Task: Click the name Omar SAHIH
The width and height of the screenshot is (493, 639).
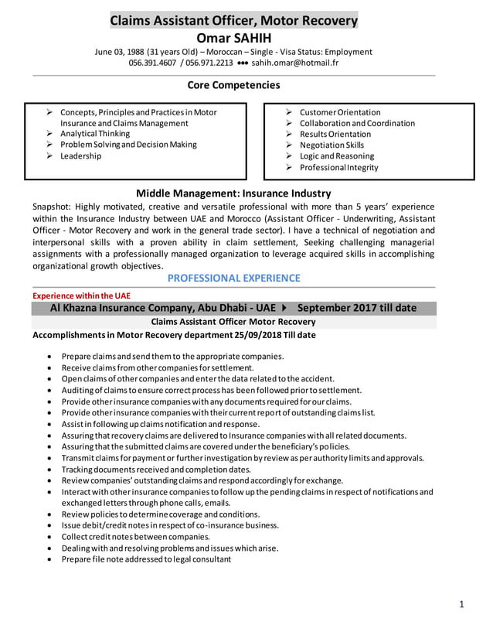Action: coord(234,37)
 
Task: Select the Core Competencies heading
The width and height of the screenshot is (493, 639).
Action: coord(234,85)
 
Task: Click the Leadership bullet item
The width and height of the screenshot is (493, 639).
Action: coord(81,155)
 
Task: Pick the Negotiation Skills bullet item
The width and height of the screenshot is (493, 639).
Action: coord(331,145)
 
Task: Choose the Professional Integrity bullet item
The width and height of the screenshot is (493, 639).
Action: coord(338,167)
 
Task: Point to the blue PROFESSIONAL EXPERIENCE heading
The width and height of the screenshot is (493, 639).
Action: coord(234,278)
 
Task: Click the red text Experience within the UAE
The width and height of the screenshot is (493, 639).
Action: coord(81,296)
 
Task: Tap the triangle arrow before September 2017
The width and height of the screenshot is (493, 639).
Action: coord(285,308)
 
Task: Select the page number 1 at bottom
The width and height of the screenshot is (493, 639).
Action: coord(461,605)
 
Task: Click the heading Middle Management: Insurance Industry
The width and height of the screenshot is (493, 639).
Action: coord(233,193)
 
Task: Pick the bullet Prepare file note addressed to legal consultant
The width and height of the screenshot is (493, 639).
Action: coord(146,559)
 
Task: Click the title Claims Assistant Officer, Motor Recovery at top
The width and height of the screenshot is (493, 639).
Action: coord(234,20)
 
